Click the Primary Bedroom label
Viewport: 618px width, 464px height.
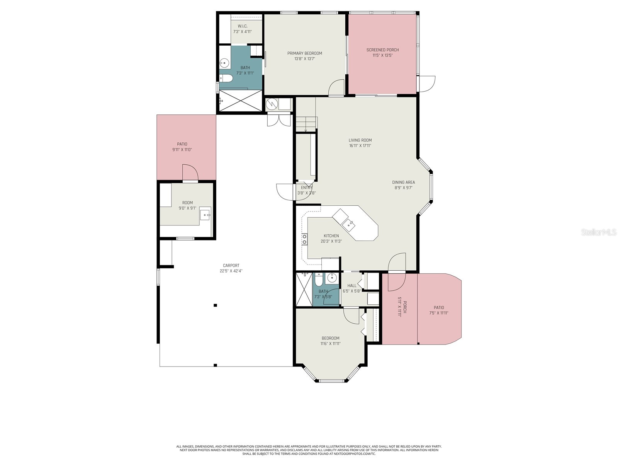pyautogui.click(x=304, y=53)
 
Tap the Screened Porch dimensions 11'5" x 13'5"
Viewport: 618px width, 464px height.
pyautogui.click(x=382, y=55)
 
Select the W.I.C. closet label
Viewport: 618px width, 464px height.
pyautogui.click(x=243, y=26)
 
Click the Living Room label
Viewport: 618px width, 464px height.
pyautogui.click(x=360, y=140)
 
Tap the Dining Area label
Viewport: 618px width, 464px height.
pyautogui.click(x=403, y=182)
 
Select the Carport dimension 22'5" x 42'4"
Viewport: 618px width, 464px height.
pyautogui.click(x=231, y=271)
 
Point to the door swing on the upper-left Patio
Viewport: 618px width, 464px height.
pyautogui.click(x=190, y=172)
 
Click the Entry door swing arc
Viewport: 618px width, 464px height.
pyautogui.click(x=285, y=192)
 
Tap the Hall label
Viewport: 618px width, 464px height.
pyautogui.click(x=352, y=286)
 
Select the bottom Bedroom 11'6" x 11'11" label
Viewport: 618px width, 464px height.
pyautogui.click(x=330, y=338)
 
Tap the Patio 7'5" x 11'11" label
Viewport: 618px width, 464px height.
pyautogui.click(x=439, y=308)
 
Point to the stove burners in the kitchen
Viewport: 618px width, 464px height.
pyautogui.click(x=304, y=239)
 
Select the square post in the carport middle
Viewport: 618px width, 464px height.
pyautogui.click(x=216, y=305)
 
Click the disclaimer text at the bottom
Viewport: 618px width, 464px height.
pyautogui.click(x=309, y=450)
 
